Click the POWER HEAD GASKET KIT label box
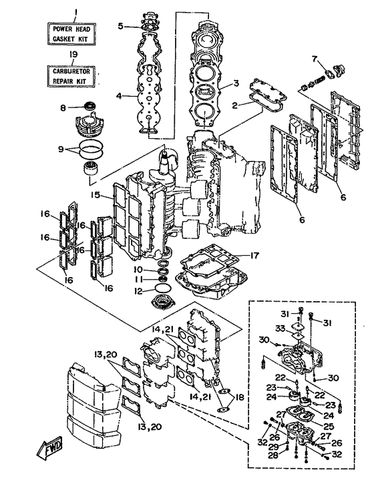click(x=71, y=34)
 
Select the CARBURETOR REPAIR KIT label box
click(x=71, y=76)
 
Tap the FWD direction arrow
click(x=49, y=448)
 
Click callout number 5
click(x=121, y=26)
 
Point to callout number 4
click(x=119, y=96)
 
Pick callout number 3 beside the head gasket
click(x=236, y=83)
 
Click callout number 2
click(x=235, y=105)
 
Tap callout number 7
click(x=315, y=58)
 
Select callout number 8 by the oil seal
click(x=63, y=108)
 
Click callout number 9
click(x=61, y=150)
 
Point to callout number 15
click(x=96, y=195)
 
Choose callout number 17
click(x=254, y=255)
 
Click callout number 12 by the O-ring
click(x=139, y=290)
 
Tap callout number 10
click(x=138, y=270)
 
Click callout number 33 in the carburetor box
click(x=280, y=328)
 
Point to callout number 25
click(x=329, y=427)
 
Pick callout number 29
click(x=273, y=447)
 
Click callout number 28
click(x=273, y=455)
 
